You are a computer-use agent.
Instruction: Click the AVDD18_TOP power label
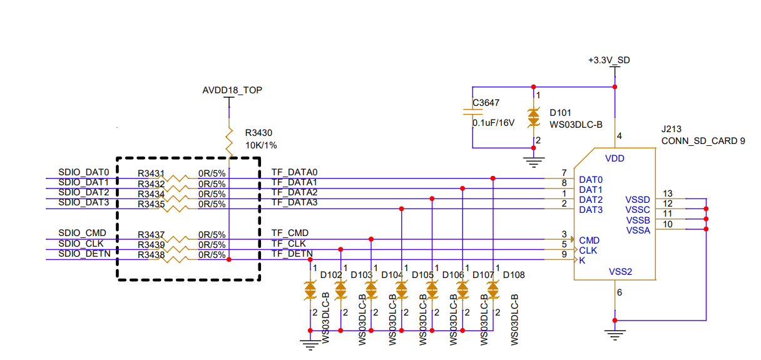point(232,90)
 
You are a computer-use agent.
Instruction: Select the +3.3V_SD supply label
point(608,60)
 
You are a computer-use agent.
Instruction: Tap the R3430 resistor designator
point(259,133)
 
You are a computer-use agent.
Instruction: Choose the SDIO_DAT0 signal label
point(84,172)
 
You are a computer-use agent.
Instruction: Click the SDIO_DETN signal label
point(84,254)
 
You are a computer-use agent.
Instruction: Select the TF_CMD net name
point(290,233)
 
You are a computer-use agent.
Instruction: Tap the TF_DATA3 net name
point(294,202)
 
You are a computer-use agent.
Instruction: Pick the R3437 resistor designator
point(151,234)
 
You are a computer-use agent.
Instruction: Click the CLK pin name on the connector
point(588,250)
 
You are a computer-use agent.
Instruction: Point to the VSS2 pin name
point(621,272)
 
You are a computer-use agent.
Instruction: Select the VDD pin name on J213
point(615,158)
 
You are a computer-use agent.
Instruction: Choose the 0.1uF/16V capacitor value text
point(493,123)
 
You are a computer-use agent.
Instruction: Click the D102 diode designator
point(331,275)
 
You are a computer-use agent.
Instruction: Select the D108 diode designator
point(514,275)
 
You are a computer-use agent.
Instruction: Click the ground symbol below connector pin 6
point(616,335)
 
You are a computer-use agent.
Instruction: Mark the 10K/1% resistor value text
point(261,145)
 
